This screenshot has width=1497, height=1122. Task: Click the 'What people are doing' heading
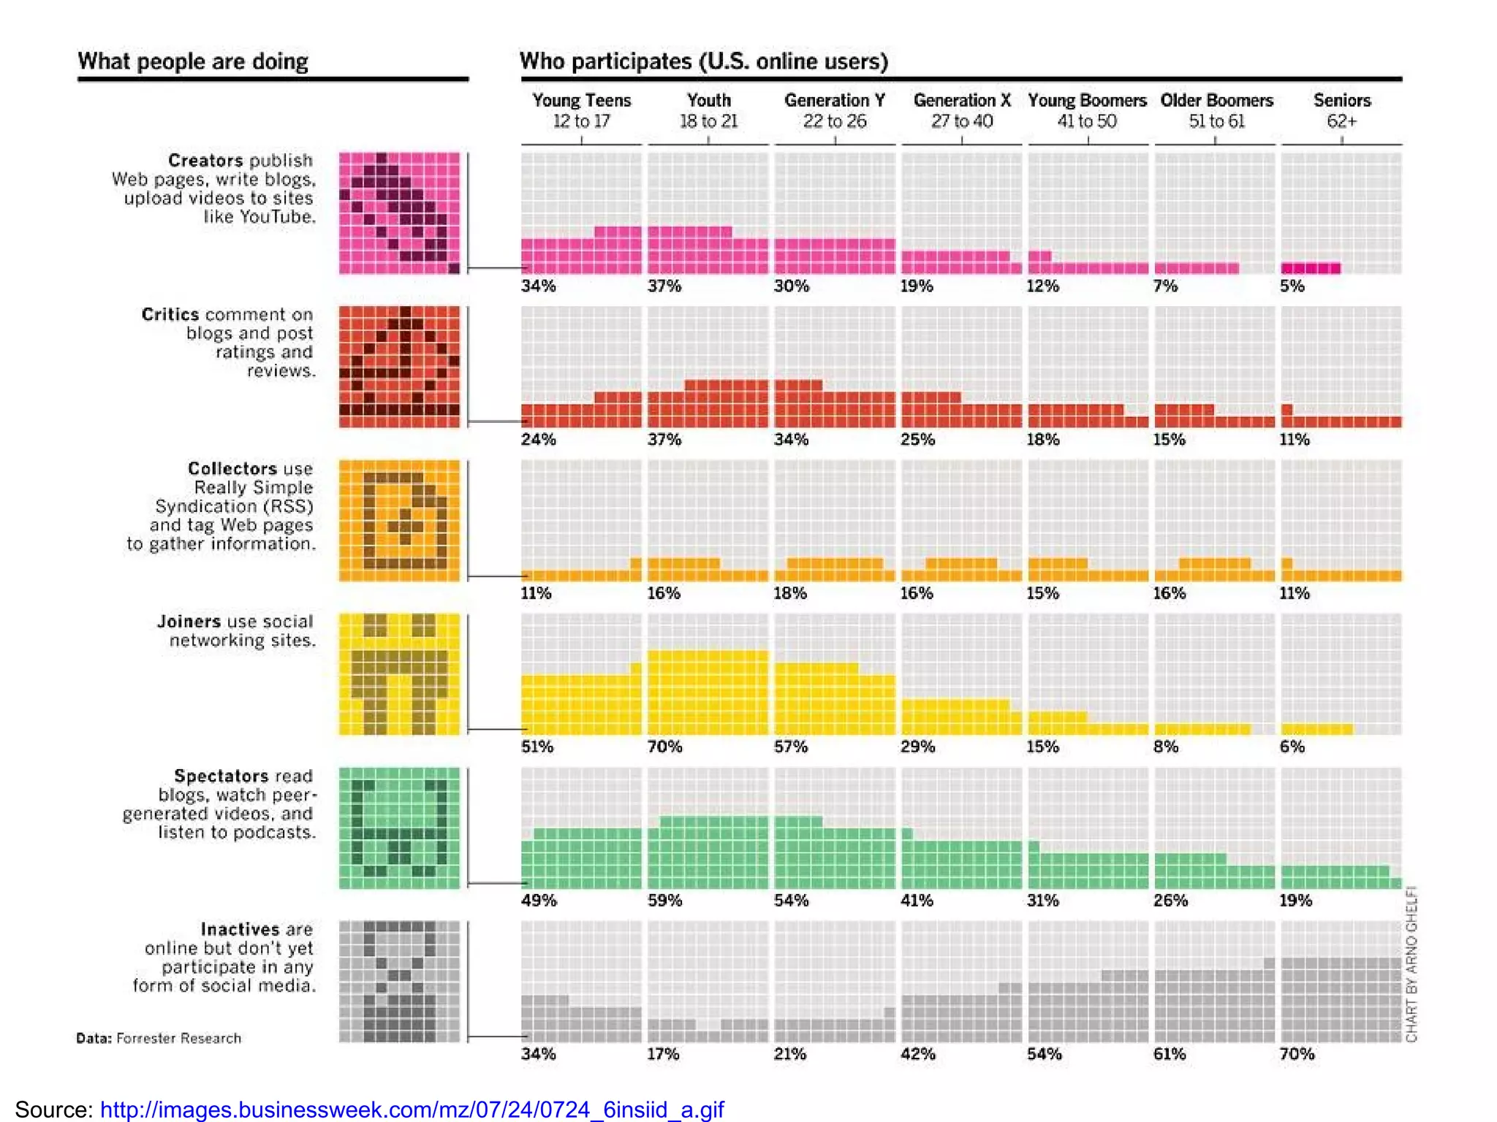coord(193,61)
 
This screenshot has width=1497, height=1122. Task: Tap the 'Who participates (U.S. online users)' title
coord(703,61)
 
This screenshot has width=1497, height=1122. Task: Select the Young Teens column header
coord(581,110)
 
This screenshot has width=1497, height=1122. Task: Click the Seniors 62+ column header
coord(1341,110)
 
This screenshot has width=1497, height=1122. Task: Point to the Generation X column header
coord(961,110)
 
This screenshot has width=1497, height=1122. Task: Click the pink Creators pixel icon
coord(399,213)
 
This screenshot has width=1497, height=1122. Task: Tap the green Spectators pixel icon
coord(399,828)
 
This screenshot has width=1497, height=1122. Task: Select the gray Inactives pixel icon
coord(399,981)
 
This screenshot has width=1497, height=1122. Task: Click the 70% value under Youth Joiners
coord(664,747)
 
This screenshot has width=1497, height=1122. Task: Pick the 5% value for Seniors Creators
coord(1292,286)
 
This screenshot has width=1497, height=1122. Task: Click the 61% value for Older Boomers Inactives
coord(1170,1054)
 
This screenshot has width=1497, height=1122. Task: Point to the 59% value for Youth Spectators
coord(664,901)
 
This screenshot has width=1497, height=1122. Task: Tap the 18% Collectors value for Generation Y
coord(791,593)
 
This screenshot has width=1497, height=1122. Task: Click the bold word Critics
coord(170,315)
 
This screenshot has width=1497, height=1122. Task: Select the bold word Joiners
coord(189,622)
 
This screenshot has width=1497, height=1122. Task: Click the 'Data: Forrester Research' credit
coord(159,1038)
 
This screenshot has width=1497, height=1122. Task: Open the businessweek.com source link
coord(412,1110)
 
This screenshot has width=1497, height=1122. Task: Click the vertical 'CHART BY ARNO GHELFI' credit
coord(1411,964)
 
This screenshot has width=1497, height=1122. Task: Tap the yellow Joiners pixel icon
coord(399,673)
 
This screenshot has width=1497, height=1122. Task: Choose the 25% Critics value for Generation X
coord(917,440)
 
